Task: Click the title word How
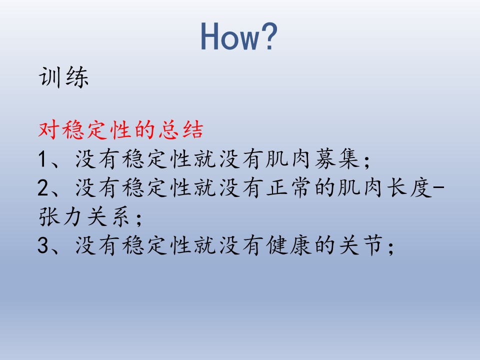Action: coord(229,36)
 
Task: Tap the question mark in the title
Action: coord(268,36)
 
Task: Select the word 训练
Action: coord(63,77)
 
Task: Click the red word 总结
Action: coord(181,130)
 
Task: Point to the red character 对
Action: coord(48,130)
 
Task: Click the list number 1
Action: coord(42,159)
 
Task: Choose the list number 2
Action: coord(43,187)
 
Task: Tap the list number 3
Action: coord(43,245)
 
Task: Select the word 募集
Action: coord(337,159)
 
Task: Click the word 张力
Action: coord(60,216)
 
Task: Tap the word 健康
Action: coord(288,245)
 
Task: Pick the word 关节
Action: coord(361,245)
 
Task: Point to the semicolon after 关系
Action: coord(138,219)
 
